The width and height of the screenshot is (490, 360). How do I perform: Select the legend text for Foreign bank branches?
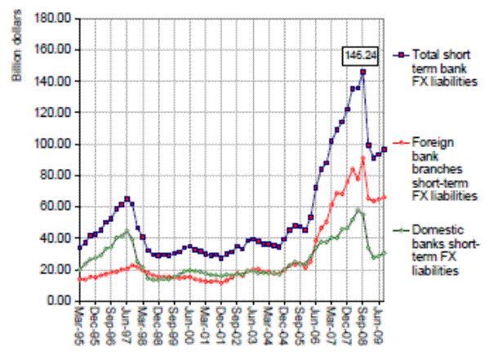pyautogui.click(x=442, y=168)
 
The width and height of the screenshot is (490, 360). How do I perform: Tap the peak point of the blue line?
pyautogui.click(x=363, y=72)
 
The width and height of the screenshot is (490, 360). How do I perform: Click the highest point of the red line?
pyautogui.click(x=363, y=158)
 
